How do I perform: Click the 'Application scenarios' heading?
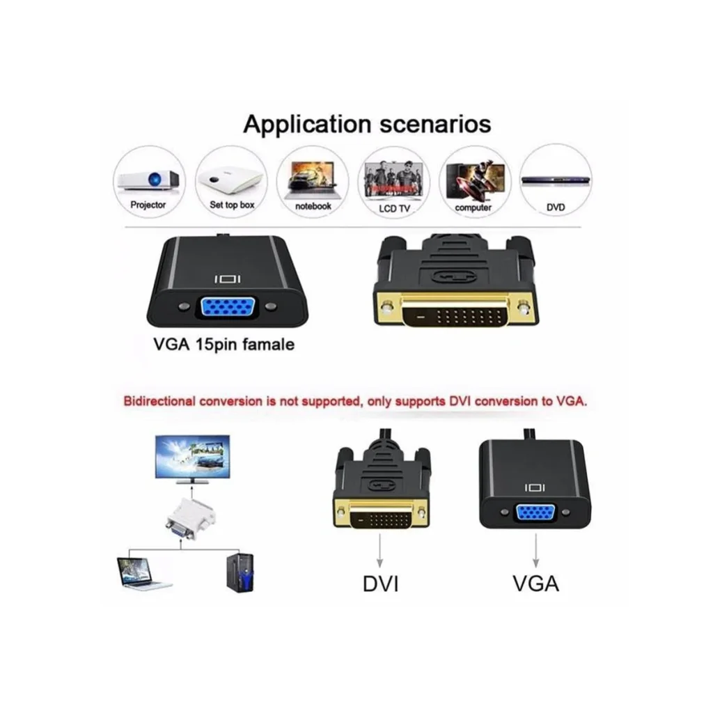point(367,124)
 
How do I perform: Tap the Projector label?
point(148,205)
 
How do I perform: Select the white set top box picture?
point(231,180)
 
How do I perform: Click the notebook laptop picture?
point(313,181)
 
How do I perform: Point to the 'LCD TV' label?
point(394,209)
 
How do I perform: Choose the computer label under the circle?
point(473,207)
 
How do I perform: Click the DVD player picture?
point(555,180)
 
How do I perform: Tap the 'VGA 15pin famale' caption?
point(224,344)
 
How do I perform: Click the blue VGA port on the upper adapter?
point(226,307)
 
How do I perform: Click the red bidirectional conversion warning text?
point(355,401)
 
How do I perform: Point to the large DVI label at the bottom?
point(381,584)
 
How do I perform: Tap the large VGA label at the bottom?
point(535,584)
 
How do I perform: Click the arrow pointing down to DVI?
point(379,550)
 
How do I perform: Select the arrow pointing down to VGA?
point(535,550)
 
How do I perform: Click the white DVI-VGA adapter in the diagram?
point(190,519)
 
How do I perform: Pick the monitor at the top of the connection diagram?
point(192,460)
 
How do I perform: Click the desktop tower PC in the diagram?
point(240,573)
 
